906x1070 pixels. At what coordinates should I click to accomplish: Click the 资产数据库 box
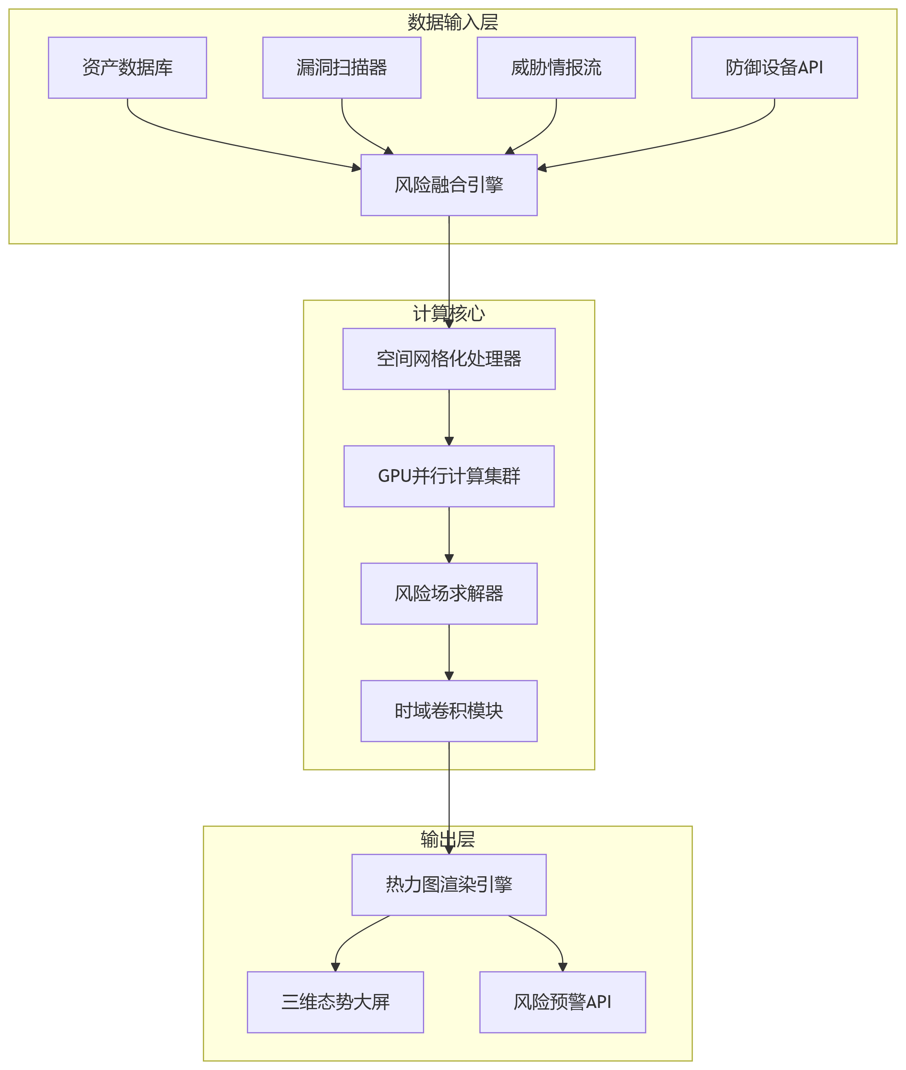coord(128,67)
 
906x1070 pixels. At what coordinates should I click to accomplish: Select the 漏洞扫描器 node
coord(342,67)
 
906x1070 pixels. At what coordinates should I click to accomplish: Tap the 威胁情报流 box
coord(556,67)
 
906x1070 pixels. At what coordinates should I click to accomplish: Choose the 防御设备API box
coord(774,67)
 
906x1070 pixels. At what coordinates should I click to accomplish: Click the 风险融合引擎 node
coord(449,185)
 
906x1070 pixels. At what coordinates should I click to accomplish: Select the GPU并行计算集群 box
coord(449,476)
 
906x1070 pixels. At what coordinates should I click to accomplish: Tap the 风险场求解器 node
coord(449,594)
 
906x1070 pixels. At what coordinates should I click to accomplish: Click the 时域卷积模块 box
coord(449,711)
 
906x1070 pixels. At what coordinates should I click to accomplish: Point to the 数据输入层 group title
coord(453,22)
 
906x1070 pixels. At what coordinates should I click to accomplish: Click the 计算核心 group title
coord(449,313)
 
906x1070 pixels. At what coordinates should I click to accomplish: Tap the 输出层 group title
coord(447,839)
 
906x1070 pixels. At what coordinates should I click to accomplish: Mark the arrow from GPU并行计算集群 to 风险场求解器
coord(449,534)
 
